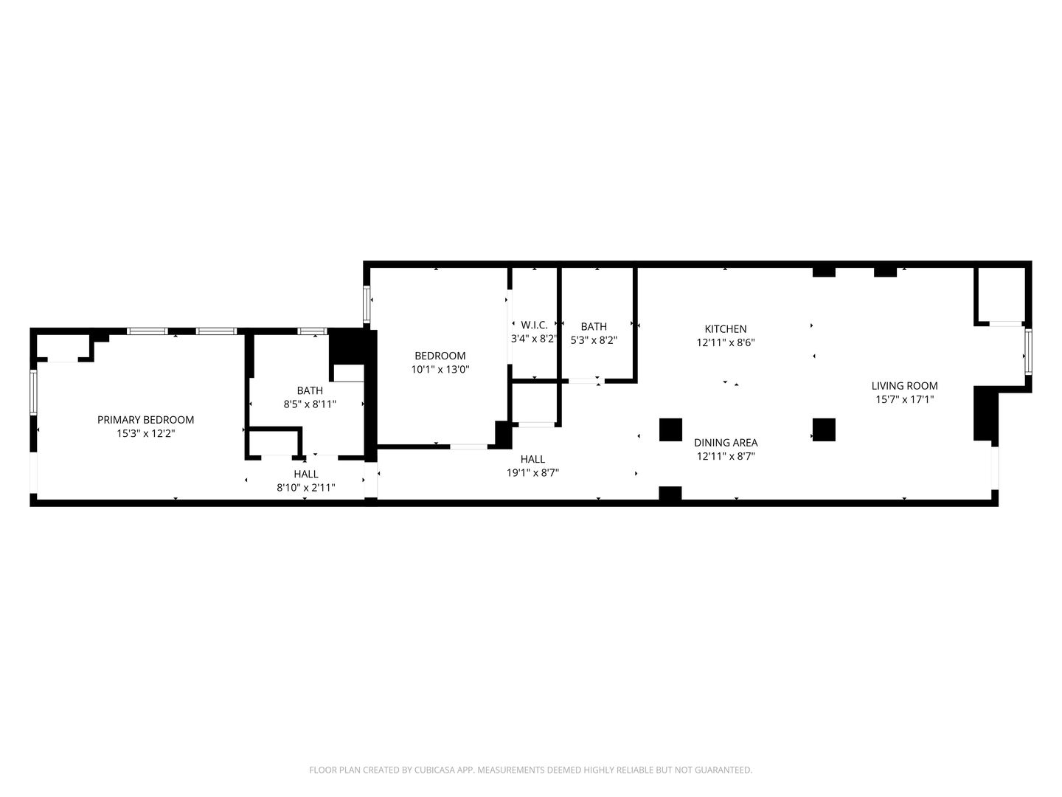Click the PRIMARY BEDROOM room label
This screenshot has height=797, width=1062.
click(145, 420)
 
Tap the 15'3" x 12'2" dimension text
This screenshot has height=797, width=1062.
click(145, 433)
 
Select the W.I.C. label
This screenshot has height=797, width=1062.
click(534, 325)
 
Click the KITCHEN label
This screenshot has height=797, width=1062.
click(725, 329)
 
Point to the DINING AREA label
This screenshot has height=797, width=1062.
click(726, 443)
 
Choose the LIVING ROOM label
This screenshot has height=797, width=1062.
click(904, 386)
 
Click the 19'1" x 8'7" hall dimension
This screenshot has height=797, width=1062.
click(532, 473)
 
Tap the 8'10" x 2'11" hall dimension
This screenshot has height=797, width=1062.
click(306, 488)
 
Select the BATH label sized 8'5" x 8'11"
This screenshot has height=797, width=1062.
click(310, 390)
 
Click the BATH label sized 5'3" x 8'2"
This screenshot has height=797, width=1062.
click(594, 327)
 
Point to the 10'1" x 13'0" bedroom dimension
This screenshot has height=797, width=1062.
click(440, 370)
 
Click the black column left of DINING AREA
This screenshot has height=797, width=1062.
click(670, 429)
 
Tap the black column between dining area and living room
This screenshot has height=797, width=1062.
click(824, 429)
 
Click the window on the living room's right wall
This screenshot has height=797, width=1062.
click(1027, 352)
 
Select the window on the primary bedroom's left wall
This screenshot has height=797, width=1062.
click(33, 392)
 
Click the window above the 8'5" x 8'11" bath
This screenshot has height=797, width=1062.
click(312, 331)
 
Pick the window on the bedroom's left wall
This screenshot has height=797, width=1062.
click(367, 304)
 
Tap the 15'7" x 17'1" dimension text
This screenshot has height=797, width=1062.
click(904, 399)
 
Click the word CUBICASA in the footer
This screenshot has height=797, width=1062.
click(434, 770)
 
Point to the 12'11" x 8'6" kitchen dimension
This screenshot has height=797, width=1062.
click(725, 342)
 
